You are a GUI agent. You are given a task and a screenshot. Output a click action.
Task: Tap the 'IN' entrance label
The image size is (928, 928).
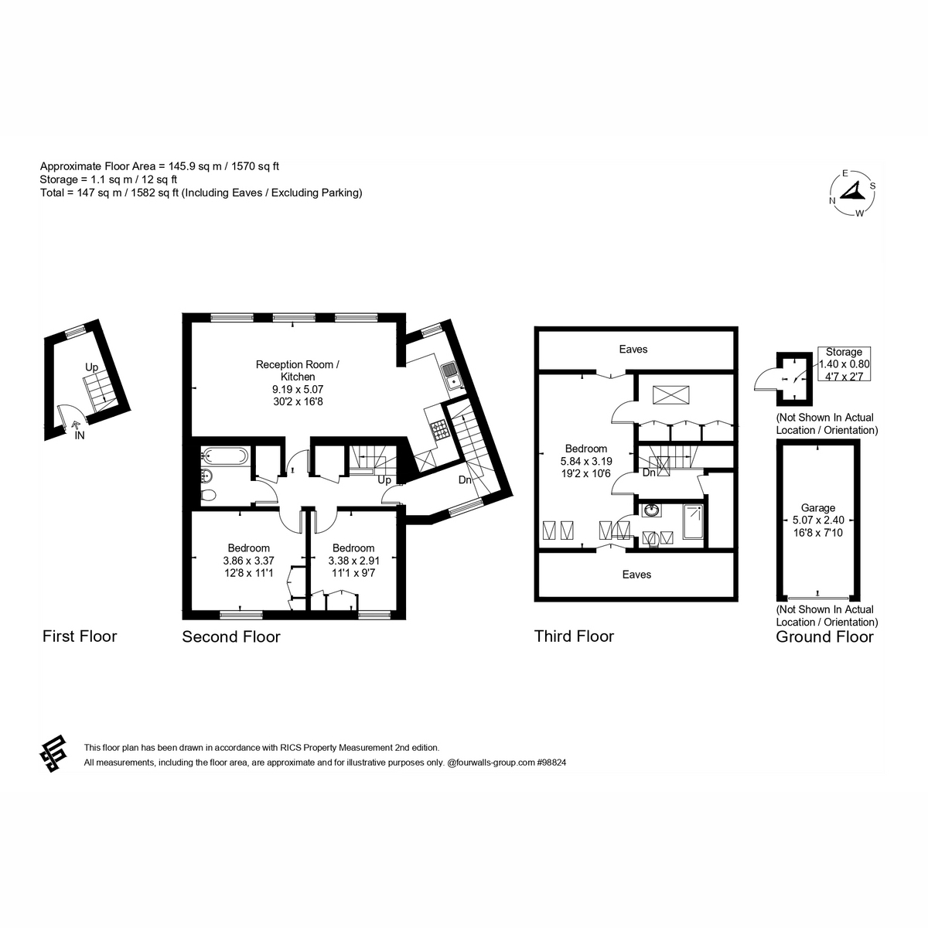[80, 435]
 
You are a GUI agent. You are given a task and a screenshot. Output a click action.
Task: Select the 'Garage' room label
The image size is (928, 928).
[817, 507]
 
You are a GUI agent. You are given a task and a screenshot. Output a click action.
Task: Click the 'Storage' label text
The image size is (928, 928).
[844, 352]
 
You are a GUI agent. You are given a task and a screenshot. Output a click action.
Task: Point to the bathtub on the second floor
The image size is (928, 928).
[225, 455]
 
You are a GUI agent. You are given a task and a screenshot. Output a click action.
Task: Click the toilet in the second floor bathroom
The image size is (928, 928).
[209, 495]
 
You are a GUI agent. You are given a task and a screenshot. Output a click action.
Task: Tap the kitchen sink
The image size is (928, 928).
[451, 376]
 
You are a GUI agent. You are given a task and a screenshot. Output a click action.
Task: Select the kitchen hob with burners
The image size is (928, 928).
[439, 429]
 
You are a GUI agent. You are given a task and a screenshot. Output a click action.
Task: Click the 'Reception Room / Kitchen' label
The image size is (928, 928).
[298, 370]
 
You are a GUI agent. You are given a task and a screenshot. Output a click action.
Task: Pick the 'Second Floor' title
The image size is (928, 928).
[231, 636]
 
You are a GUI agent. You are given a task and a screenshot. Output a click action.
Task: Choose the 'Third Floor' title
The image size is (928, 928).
[574, 636]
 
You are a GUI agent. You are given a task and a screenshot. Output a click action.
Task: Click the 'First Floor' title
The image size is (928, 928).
[80, 636]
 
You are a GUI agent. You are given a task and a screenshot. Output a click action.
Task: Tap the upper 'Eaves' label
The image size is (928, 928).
[633, 349]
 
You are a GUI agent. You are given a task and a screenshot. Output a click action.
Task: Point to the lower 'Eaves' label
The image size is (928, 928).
[636, 575]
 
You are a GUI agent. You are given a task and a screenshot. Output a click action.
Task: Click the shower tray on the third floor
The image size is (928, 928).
[693, 521]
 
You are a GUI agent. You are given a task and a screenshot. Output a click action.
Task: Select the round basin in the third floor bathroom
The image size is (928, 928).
[651, 510]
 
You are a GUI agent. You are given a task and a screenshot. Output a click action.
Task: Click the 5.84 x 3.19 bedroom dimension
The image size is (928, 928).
[586, 461]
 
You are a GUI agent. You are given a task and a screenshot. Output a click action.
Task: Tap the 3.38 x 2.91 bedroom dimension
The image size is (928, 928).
[354, 561]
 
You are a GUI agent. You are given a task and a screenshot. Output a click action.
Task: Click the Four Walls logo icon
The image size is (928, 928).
[53, 754]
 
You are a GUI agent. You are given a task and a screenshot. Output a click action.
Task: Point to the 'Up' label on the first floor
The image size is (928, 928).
[91, 367]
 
